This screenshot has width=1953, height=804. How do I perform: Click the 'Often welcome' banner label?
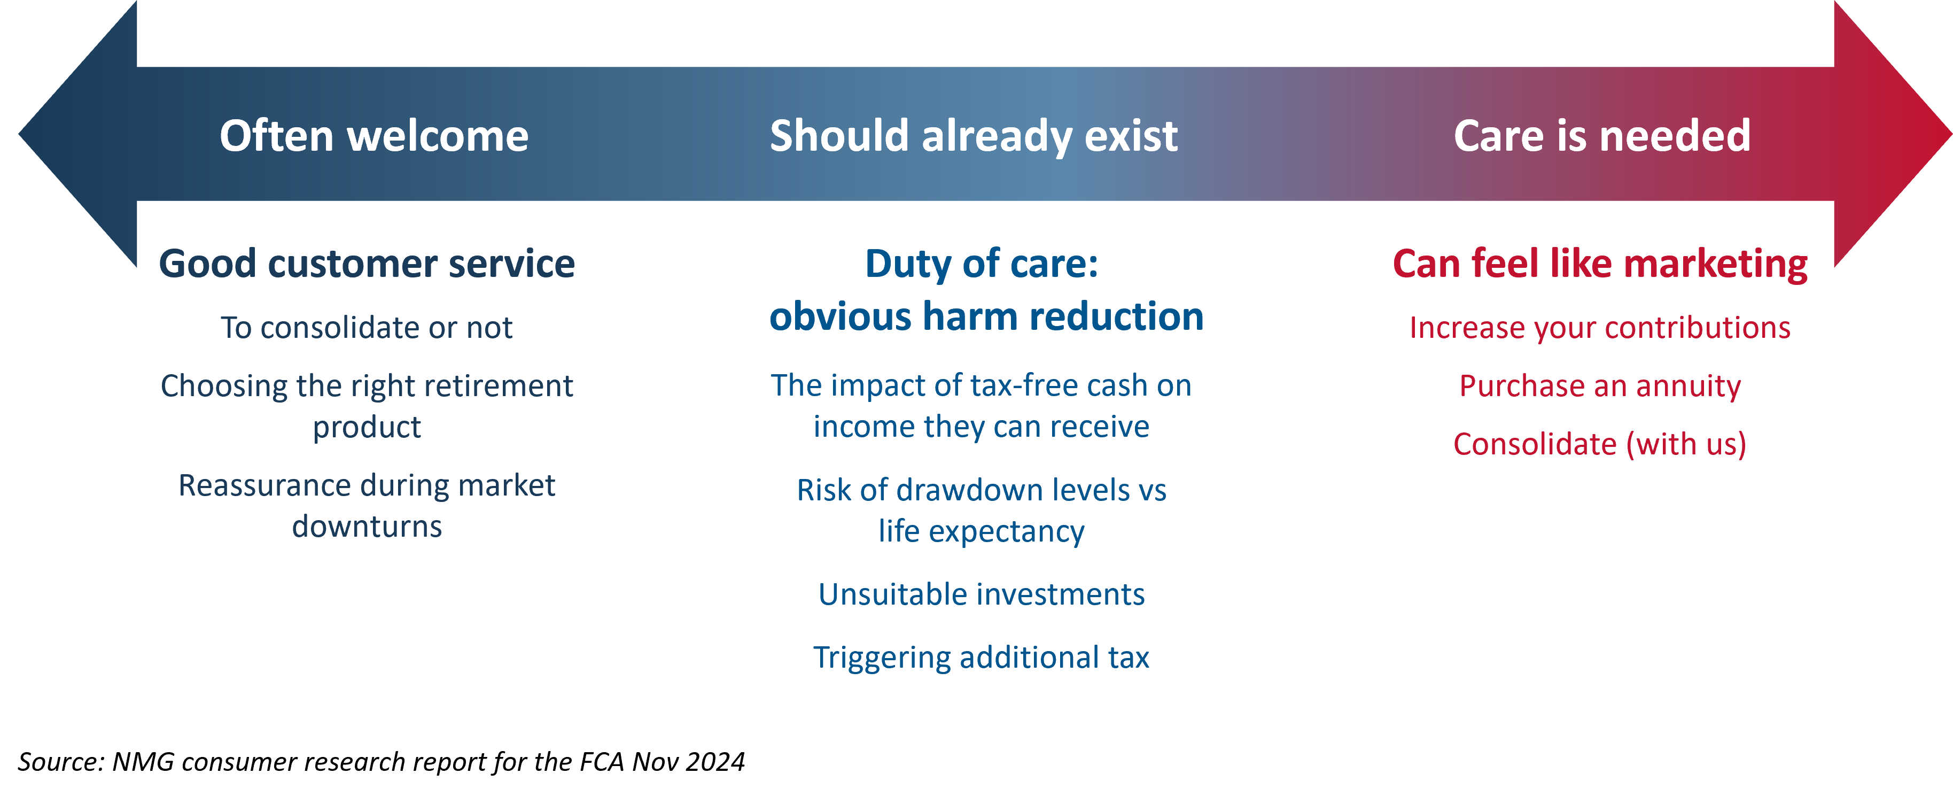374,136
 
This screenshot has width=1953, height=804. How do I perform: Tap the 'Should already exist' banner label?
974,136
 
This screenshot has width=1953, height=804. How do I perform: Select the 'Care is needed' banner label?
1602,136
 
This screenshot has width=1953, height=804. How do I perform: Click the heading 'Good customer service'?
367,264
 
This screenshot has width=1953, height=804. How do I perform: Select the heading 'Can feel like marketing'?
1600,264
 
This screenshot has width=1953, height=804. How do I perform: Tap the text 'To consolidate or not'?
367,328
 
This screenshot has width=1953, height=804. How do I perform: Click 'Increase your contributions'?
1600,328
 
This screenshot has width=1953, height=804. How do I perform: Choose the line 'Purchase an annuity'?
1600,386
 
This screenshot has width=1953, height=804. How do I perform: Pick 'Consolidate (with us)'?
1600,444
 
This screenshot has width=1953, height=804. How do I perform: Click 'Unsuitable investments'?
981,594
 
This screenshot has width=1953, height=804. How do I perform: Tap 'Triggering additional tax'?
981,658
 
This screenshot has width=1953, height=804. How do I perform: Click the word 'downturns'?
367,527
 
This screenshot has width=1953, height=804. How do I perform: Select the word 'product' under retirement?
367,428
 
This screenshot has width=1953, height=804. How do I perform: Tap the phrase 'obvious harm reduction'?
986,316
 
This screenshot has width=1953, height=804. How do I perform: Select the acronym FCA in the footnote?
603,762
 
